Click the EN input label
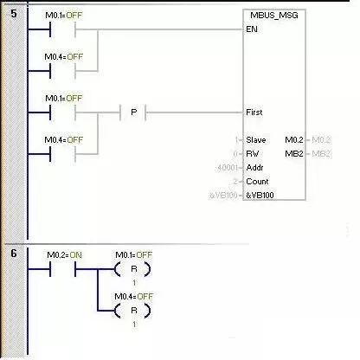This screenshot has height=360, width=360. click(252, 29)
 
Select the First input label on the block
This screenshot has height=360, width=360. click(254, 112)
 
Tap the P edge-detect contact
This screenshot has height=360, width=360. click(135, 112)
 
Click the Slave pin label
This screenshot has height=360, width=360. click(256, 139)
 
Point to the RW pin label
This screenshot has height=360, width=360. click(254, 153)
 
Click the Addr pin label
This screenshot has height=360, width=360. click(255, 167)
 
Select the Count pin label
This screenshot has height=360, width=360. click(257, 182)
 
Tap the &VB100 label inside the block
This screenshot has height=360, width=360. click(260, 196)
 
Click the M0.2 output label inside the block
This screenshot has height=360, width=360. click(293, 139)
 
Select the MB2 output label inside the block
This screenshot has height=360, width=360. click(294, 153)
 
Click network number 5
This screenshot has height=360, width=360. click(13, 14)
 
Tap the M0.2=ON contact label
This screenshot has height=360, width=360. click(62, 254)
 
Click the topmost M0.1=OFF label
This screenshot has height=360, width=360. click(62, 15)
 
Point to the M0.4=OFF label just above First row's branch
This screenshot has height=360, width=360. click(62, 140)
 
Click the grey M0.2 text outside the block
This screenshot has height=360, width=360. click(320, 139)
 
